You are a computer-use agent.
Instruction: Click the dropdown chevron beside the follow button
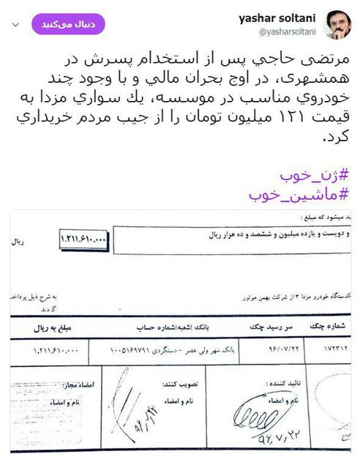[x=16, y=25]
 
